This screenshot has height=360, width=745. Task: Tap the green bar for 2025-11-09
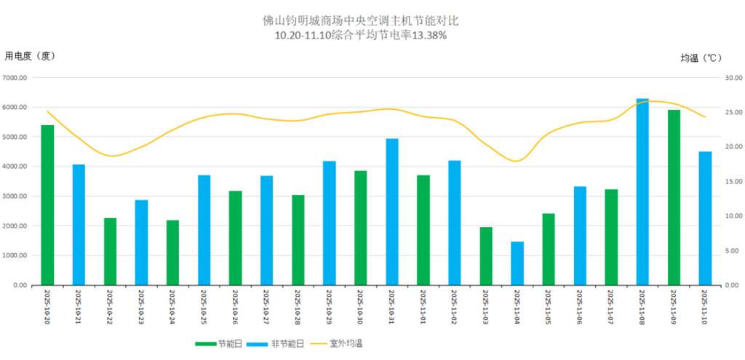[674, 198]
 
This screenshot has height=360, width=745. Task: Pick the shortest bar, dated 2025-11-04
[517, 263]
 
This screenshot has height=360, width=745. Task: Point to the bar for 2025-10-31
[392, 212]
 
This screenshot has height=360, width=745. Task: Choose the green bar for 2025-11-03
[486, 256]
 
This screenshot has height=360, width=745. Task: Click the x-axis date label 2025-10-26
[235, 307]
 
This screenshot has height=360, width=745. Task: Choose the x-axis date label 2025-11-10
[705, 307]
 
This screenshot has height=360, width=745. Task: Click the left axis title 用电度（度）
[30, 55]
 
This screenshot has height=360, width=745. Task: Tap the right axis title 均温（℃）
[701, 57]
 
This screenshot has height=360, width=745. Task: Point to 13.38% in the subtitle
[429, 35]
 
